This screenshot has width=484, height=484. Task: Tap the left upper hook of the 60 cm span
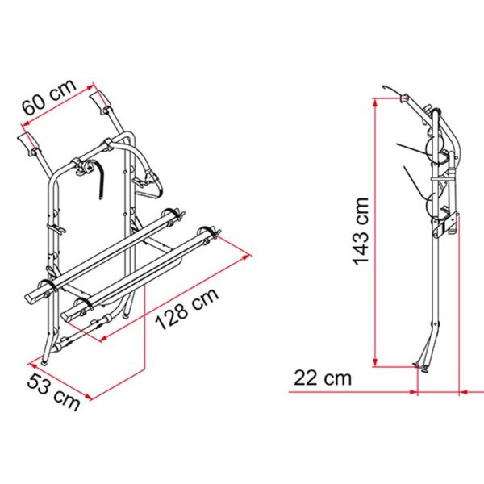[30, 145]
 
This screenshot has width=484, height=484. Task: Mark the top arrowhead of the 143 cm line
[375, 98]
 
